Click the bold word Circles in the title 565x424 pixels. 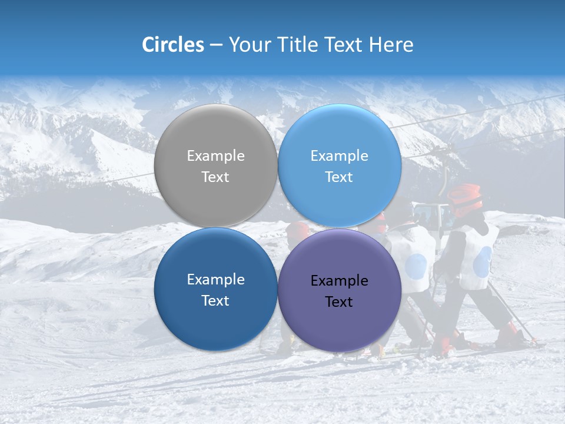172,45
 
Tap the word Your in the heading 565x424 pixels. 250,45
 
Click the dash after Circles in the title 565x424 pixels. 216,45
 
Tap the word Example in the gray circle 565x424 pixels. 215,155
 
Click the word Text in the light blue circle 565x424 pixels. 339,177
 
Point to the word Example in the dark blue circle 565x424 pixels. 215,279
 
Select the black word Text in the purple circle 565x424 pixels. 339,302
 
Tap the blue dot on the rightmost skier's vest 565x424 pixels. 481,261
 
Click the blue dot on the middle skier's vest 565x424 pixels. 416,266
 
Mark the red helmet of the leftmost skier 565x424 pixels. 298,230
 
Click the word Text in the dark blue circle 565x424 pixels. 215,300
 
